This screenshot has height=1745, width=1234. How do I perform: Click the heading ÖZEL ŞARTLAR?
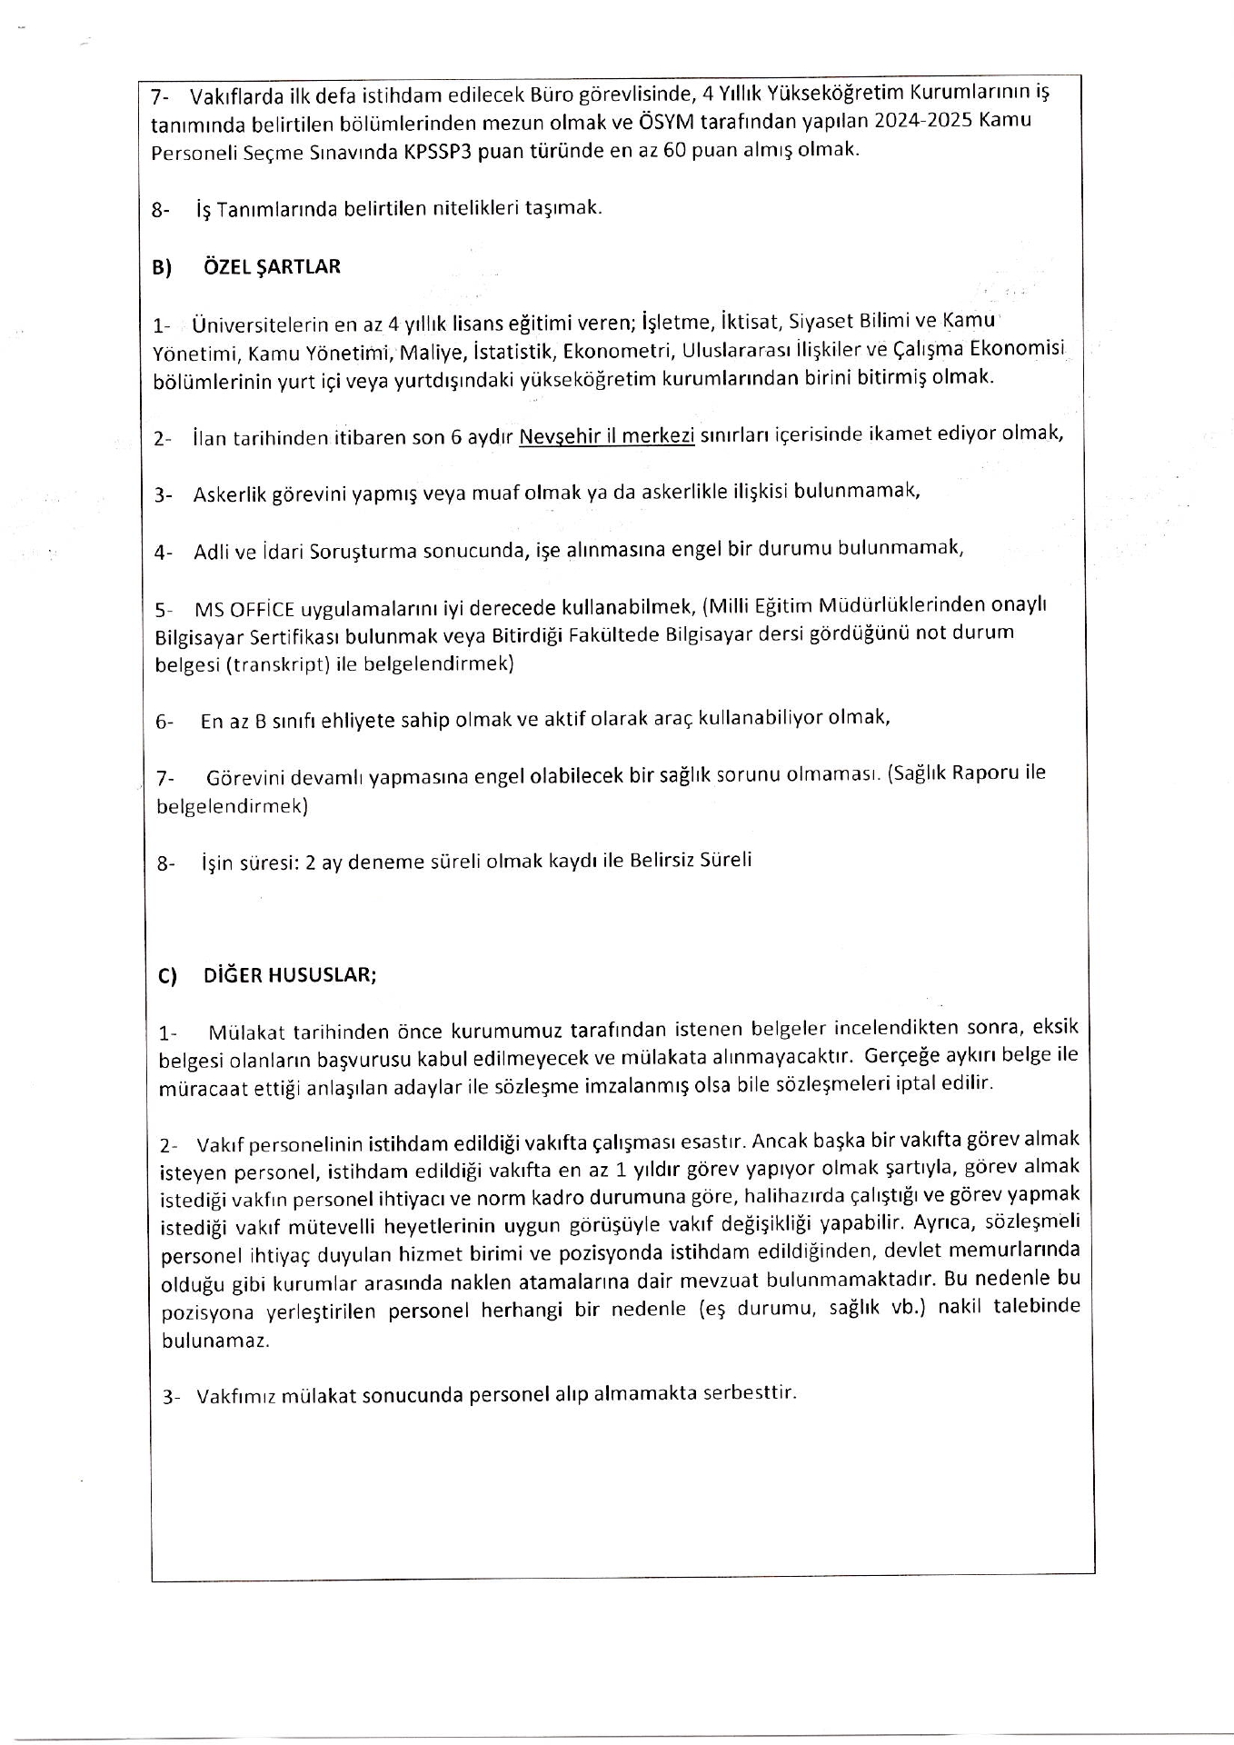pyautogui.click(x=272, y=267)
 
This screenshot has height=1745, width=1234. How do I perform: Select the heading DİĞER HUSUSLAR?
pyautogui.click(x=290, y=975)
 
